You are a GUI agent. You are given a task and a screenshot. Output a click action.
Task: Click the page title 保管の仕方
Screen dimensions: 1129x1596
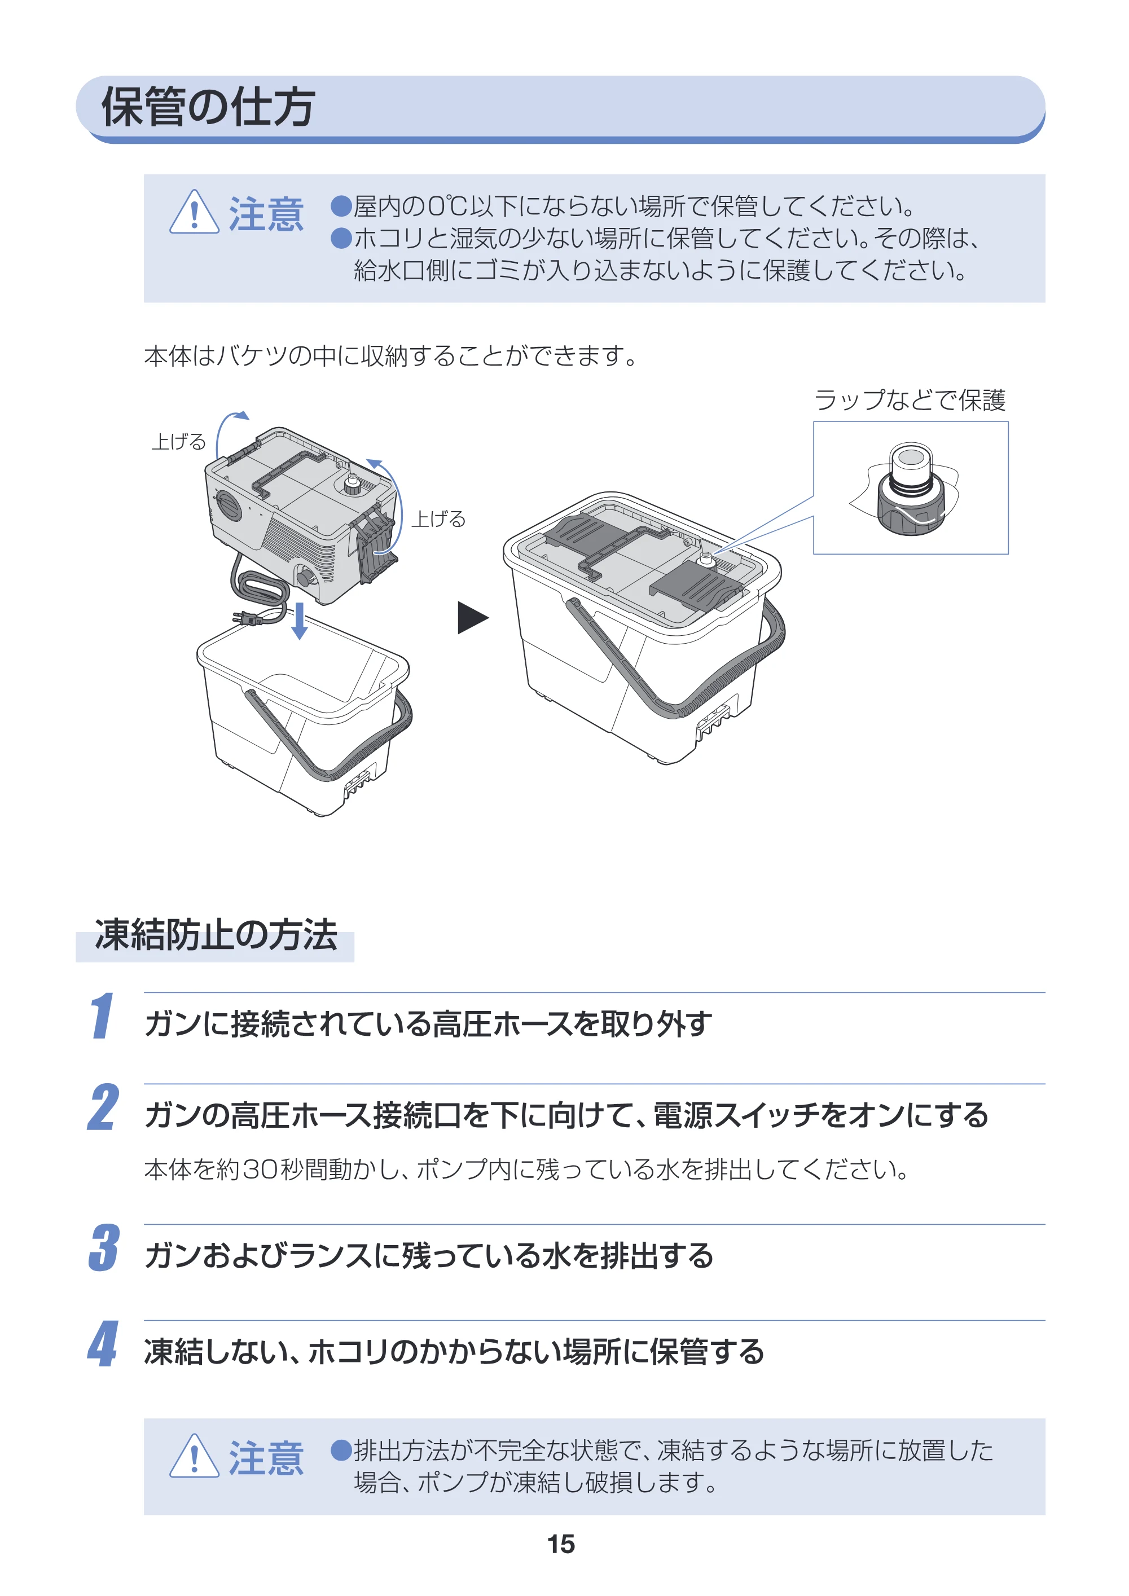tap(208, 107)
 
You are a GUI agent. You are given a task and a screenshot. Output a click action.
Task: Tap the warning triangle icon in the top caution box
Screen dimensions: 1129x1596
tap(194, 213)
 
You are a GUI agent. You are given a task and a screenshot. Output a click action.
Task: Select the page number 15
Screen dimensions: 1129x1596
tap(561, 1544)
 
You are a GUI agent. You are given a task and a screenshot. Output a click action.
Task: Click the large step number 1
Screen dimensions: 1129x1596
tap(102, 1015)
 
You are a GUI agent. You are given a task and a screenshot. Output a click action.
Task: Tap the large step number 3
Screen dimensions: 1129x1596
tap(104, 1248)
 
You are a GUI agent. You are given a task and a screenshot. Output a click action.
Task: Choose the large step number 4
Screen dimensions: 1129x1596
tap(103, 1344)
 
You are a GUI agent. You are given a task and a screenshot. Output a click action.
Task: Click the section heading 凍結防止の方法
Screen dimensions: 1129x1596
tap(216, 934)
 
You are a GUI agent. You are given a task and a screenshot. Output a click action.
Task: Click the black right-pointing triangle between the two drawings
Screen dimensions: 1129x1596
tap(472, 617)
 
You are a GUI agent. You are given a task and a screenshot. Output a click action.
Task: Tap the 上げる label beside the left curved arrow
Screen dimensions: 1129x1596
tap(179, 441)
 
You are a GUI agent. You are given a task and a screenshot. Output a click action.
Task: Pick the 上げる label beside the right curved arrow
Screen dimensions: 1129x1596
tap(438, 518)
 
